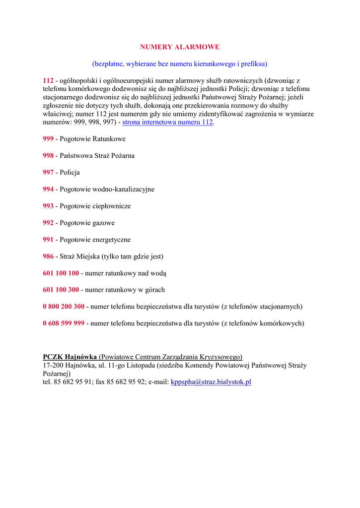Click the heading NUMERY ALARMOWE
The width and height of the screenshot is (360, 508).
(x=179, y=47)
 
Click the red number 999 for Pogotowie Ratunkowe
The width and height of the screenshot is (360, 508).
(x=48, y=139)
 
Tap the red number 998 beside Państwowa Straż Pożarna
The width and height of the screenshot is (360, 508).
(x=48, y=156)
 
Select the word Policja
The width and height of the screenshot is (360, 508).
(x=70, y=173)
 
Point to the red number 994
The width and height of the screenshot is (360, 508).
(x=48, y=190)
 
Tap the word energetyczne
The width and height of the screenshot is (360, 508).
(x=112, y=240)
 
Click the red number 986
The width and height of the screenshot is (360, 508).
(x=48, y=256)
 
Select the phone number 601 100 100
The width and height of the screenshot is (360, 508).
(x=61, y=273)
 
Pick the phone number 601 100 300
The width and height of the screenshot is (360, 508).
(x=61, y=290)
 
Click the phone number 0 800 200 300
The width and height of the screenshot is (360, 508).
(x=64, y=307)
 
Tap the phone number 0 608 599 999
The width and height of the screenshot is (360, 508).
(x=64, y=323)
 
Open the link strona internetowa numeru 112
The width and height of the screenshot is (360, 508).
(x=167, y=122)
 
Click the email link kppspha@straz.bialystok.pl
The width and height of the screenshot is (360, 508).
(x=211, y=382)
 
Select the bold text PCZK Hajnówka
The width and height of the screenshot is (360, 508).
(x=70, y=357)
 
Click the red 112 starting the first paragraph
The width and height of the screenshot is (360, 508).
(x=48, y=80)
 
